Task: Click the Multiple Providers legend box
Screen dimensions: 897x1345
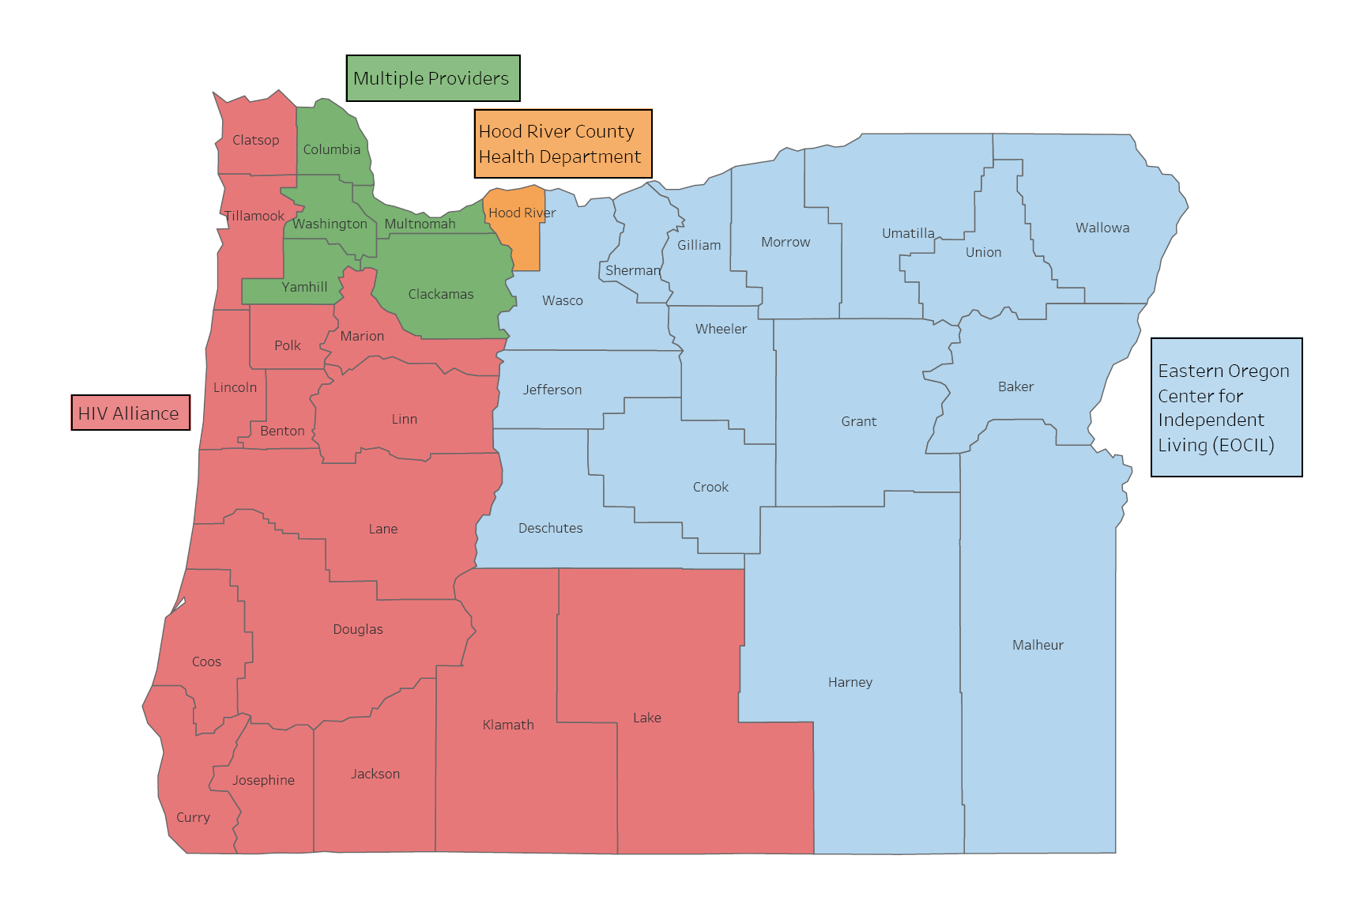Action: click(432, 78)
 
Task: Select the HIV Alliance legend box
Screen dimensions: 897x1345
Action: click(130, 413)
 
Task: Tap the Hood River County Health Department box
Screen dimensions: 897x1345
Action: click(563, 144)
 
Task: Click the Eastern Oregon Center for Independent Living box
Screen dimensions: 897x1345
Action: click(1226, 408)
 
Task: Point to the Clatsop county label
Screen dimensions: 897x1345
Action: click(255, 140)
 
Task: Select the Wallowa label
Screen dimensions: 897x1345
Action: click(1102, 228)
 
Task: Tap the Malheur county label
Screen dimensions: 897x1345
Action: click(1037, 645)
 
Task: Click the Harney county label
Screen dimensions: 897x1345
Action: click(850, 682)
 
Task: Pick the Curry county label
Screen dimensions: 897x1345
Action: click(193, 817)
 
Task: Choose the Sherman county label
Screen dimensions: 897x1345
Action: click(632, 270)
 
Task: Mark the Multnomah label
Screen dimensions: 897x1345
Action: click(420, 224)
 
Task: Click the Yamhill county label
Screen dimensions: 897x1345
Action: click(304, 287)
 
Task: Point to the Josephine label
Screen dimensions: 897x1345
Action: click(263, 780)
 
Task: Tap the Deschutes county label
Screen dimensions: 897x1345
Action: click(550, 528)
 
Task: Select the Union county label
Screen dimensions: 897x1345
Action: click(983, 252)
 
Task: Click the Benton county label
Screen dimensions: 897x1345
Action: click(282, 431)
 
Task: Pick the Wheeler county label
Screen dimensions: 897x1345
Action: click(721, 329)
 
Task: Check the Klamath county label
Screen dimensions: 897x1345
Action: click(508, 725)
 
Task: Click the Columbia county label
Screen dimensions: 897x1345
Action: click(331, 149)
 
